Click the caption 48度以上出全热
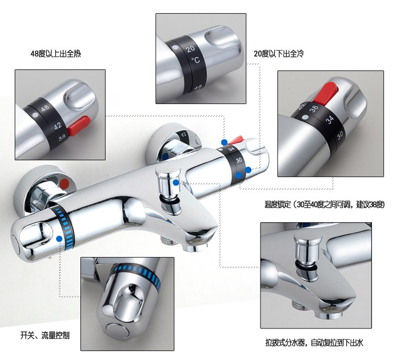tap(56, 54)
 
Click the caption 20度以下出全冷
tap(278, 54)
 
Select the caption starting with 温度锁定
tap(325, 204)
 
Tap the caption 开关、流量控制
tap(45, 335)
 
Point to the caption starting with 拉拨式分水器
tap(314, 343)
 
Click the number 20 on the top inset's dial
tap(191, 48)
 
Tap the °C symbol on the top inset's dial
tap(196, 60)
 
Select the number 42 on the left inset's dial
tap(58, 126)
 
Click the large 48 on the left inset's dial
tap(45, 108)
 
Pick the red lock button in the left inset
tap(79, 126)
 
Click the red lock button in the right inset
tap(325, 93)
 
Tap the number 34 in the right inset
tap(329, 120)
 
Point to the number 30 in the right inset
tap(340, 136)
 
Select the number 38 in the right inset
tap(314, 109)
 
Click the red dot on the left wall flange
tap(65, 184)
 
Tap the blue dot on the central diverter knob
tap(176, 182)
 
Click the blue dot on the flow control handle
tap(59, 239)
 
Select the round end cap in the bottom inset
tap(118, 332)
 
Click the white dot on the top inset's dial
tap(175, 47)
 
